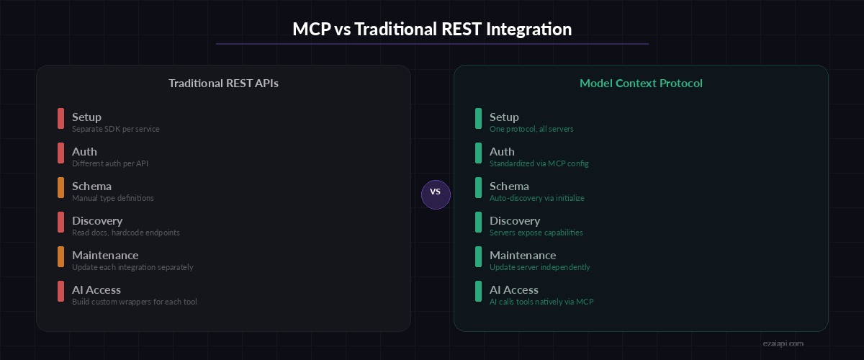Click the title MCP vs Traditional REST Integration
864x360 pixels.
[x=432, y=30]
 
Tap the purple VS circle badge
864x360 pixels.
[x=436, y=192]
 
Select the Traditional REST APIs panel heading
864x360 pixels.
[x=223, y=84]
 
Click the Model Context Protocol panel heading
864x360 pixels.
[x=641, y=84]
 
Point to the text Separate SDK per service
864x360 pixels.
[x=115, y=130]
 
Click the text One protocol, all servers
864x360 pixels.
[x=531, y=130]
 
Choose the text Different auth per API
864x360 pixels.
[x=110, y=164]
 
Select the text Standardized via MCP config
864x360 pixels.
[x=539, y=164]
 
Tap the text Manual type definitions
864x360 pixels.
[x=112, y=199]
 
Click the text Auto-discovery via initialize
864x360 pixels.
[x=537, y=199]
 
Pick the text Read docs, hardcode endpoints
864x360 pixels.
[x=125, y=233]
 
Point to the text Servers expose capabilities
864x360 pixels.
[x=536, y=233]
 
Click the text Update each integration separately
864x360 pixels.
[x=132, y=268]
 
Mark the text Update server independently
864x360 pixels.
[x=539, y=268]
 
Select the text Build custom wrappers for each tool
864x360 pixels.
[x=134, y=302]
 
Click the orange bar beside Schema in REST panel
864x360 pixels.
[x=61, y=188]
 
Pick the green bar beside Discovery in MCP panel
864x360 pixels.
[x=479, y=222]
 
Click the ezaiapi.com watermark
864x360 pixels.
[x=783, y=344]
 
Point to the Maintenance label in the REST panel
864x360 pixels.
[x=105, y=256]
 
